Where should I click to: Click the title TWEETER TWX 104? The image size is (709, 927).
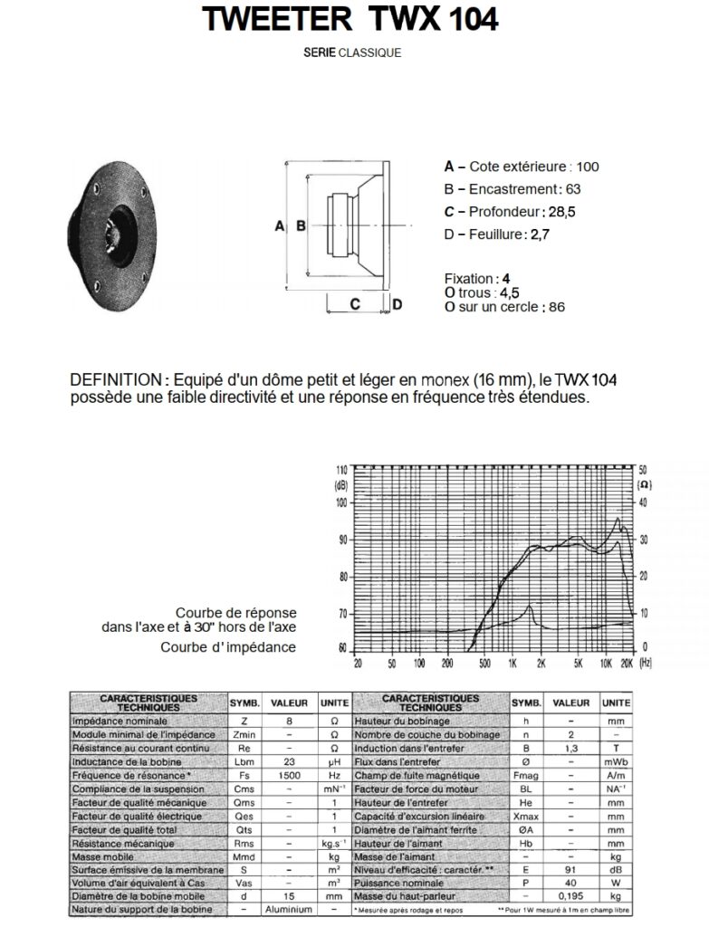click(x=351, y=19)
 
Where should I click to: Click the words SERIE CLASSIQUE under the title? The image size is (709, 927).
click(x=353, y=53)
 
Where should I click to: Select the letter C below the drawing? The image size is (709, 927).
click(x=355, y=304)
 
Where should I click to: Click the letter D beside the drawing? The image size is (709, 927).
click(x=397, y=304)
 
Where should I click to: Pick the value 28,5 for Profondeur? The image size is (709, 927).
click(x=559, y=212)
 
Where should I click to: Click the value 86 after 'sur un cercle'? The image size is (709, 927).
click(x=556, y=307)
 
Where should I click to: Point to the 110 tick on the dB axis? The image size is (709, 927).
click(x=341, y=471)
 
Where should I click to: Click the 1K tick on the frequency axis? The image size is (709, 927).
click(x=513, y=664)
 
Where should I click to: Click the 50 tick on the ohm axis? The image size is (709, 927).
click(x=642, y=471)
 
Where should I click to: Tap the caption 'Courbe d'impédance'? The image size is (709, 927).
click(x=228, y=646)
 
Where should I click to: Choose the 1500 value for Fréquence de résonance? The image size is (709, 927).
click(x=290, y=777)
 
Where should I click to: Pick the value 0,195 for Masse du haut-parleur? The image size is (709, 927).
click(x=571, y=894)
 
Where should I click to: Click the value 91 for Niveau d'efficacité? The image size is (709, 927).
click(x=571, y=868)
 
